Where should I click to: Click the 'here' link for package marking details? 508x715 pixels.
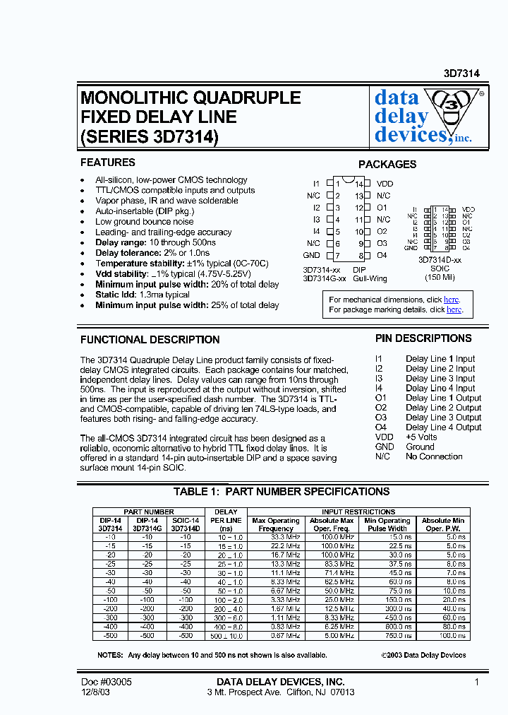[454, 309]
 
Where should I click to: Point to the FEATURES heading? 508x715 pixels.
[107, 162]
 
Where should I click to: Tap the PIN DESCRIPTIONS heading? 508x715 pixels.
[423, 338]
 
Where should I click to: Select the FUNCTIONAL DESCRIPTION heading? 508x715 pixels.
[150, 339]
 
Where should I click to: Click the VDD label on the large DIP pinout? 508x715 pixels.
[385, 184]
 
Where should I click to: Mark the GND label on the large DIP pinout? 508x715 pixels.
[311, 255]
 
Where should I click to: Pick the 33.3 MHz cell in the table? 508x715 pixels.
[276, 538]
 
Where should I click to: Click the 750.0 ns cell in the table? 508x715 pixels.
[387, 635]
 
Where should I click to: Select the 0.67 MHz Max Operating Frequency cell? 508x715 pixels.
[276, 635]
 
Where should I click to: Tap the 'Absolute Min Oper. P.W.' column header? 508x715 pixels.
[443, 524]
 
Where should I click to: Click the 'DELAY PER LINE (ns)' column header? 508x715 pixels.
[226, 520]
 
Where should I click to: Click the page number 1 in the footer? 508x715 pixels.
[477, 682]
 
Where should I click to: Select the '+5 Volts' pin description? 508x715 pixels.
[421, 437]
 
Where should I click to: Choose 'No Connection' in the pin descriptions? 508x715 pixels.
[434, 456]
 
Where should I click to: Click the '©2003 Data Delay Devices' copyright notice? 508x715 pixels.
[423, 655]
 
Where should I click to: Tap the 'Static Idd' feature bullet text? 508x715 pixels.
[143, 295]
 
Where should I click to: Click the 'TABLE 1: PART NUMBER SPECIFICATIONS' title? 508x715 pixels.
[282, 491]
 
